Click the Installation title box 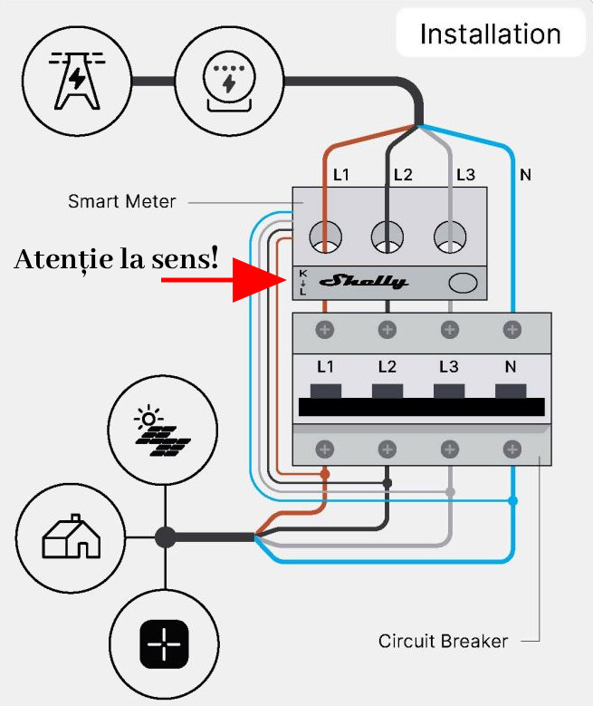click(491, 34)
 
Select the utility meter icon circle click(228, 75)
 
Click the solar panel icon click(164, 432)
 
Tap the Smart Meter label click(122, 201)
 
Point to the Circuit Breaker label click(443, 642)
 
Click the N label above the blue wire click(525, 174)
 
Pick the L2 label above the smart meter click(403, 174)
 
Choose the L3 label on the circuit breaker click(449, 368)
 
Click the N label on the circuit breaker click(512, 368)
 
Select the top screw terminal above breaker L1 click(324, 329)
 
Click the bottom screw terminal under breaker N click(512, 448)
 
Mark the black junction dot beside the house click(165, 537)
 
